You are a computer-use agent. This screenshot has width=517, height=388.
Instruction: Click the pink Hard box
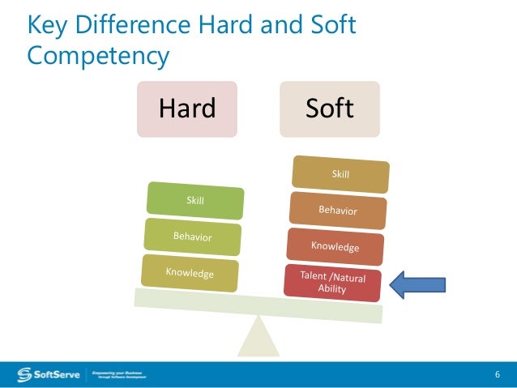coord(187,109)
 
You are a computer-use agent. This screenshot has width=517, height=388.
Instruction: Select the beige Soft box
coord(330,109)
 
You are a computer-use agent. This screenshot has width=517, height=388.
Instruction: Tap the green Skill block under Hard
coord(195,202)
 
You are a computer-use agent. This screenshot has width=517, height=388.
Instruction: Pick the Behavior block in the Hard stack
coord(193,237)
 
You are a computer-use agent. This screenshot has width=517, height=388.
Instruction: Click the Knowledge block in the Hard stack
coord(190,273)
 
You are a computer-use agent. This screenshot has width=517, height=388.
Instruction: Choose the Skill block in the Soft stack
coord(341,175)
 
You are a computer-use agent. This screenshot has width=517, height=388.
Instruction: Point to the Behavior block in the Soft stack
coord(337,211)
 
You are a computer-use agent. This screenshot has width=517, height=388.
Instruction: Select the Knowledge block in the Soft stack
coord(335,245)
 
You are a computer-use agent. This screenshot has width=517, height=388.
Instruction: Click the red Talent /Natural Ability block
coord(332,283)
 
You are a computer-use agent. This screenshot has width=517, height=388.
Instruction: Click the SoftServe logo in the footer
coord(49,374)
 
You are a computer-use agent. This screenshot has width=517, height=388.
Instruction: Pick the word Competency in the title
coord(98,56)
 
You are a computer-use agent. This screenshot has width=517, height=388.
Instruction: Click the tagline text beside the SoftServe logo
coord(118,374)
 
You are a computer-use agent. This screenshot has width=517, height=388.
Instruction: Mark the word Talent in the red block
coord(315,276)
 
